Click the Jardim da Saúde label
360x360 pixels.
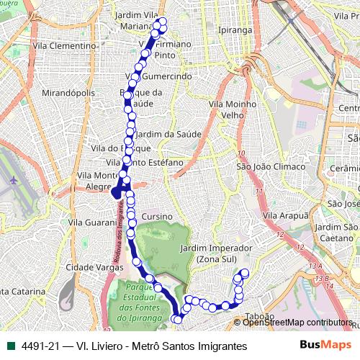pyautogui.click(x=167, y=133)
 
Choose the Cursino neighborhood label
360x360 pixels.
pyautogui.click(x=157, y=216)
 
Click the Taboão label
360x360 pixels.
pyautogui.click(x=261, y=316)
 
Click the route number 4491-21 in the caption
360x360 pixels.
pyautogui.click(x=42, y=346)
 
